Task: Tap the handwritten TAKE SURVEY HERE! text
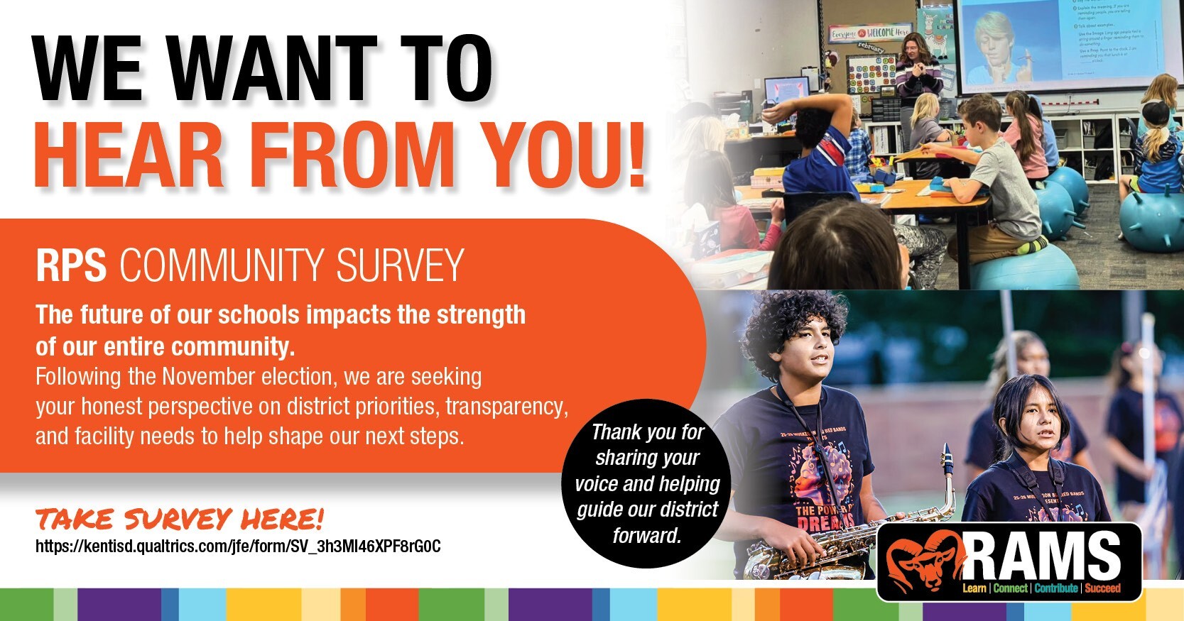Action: [180, 520]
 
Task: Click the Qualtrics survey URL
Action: [238, 546]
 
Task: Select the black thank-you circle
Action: [646, 483]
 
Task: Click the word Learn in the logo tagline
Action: [974, 588]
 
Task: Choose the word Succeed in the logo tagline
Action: [1102, 588]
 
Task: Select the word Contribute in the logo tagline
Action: [1056, 588]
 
